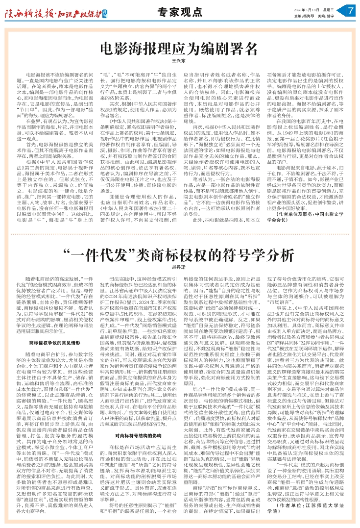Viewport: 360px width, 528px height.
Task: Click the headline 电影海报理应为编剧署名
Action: [x=179, y=48]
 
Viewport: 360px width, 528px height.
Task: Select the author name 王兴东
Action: [x=179, y=60]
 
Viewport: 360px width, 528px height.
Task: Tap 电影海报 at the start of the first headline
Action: [x=123, y=48]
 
